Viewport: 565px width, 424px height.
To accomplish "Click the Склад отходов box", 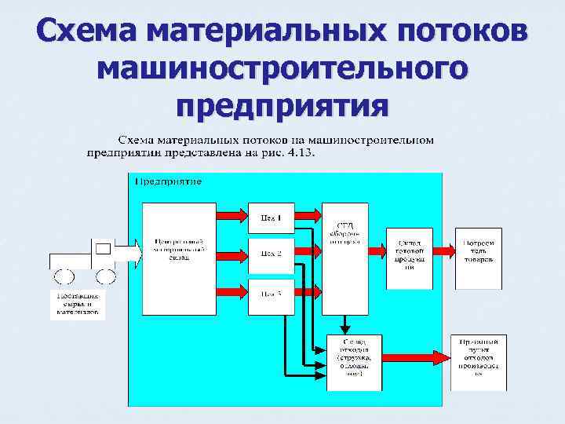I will pyautogui.click(x=354, y=362).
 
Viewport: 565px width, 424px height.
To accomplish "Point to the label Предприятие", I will pyautogui.click(x=168, y=181).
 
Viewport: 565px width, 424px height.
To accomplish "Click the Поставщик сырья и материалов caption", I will pyautogui.click(x=77, y=304).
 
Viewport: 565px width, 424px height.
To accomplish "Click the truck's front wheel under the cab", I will pyautogui.click(x=106, y=276).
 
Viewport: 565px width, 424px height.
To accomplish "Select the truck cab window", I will pyautogui.click(x=103, y=250).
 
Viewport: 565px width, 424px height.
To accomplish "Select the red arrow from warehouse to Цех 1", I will pyautogui.click(x=232, y=216).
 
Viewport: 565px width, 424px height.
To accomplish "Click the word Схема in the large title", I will pyautogui.click(x=86, y=34).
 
